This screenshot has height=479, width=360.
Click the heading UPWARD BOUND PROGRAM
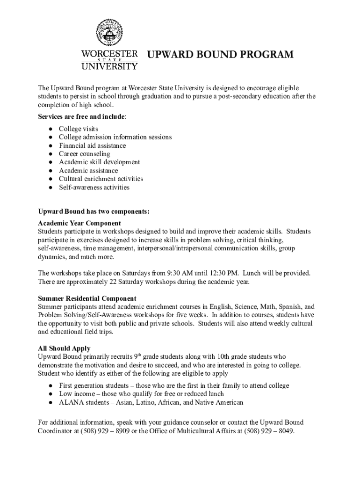click(220, 55)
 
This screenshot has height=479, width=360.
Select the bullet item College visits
click(78, 129)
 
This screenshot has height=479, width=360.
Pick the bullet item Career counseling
click(84, 154)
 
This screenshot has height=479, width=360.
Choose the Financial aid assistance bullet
click(92, 145)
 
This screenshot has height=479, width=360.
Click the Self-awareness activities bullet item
click(94, 188)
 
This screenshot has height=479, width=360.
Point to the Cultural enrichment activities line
click(101, 179)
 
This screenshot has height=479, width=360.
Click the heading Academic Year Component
click(79, 223)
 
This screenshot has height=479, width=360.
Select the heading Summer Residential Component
click(87, 298)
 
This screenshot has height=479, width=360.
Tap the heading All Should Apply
click(64, 348)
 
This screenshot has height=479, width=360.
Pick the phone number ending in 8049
click(271, 431)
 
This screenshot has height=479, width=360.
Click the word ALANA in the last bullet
click(69, 402)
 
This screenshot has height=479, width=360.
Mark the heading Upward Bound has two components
click(94, 211)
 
